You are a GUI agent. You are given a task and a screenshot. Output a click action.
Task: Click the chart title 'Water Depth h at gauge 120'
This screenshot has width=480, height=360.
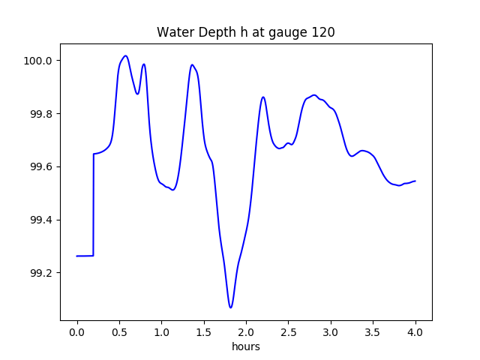point(245,32)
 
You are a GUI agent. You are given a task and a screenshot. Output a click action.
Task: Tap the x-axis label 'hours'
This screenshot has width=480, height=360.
point(246,347)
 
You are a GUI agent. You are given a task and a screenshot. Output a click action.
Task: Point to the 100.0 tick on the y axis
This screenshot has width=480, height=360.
point(37,61)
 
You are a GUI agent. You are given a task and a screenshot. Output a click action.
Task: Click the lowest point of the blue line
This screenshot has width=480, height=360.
point(231,307)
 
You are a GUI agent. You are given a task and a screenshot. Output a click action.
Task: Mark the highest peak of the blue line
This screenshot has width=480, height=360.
point(125,55)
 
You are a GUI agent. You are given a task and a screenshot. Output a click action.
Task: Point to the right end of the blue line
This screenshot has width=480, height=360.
point(415,181)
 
